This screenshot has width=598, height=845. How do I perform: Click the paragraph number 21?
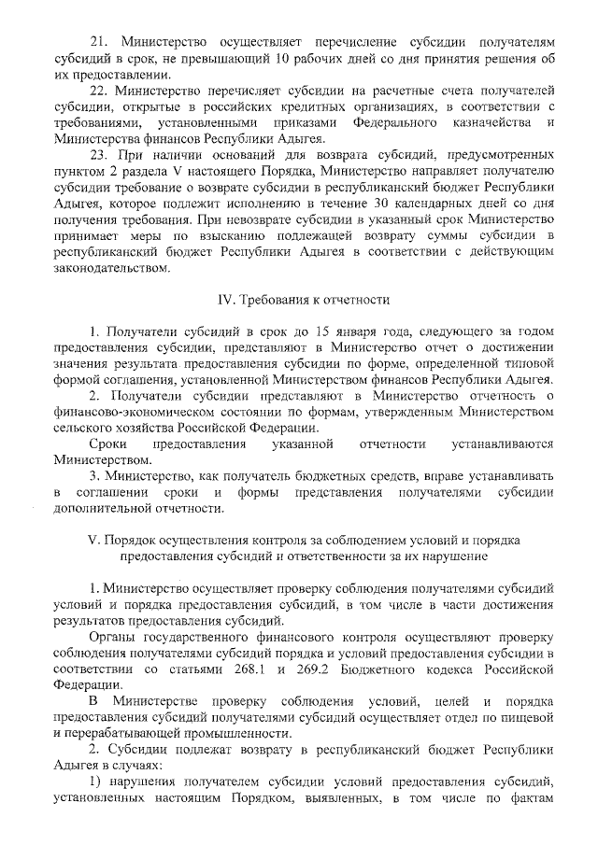coord(97,43)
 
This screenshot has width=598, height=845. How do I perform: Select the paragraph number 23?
coord(97,155)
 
